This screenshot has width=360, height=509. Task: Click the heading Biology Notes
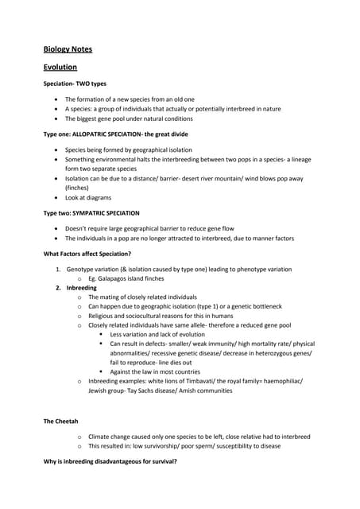click(68, 49)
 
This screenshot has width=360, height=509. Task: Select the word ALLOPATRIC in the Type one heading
click(98, 134)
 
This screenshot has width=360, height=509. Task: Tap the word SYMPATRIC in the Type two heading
click(95, 213)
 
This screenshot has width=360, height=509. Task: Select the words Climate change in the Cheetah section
click(113, 437)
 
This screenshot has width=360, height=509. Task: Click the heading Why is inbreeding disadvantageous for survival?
click(110, 461)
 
